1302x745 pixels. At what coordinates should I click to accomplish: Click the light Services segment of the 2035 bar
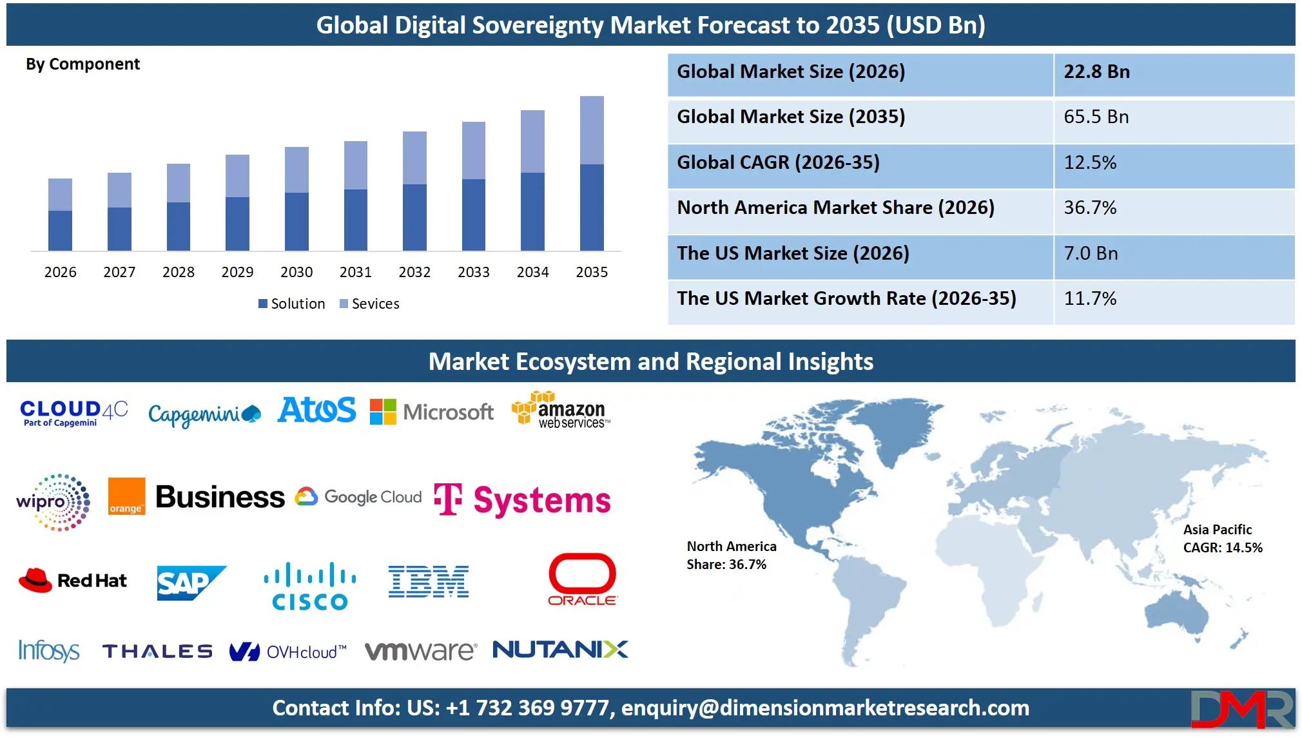pyautogui.click(x=592, y=130)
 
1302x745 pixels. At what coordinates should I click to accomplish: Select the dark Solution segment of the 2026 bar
pyautogui.click(x=60, y=230)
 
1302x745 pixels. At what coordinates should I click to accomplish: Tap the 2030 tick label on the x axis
pyautogui.click(x=296, y=272)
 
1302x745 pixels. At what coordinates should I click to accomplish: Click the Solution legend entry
pyautogui.click(x=291, y=304)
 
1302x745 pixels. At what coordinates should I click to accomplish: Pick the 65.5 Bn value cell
pyautogui.click(x=1096, y=117)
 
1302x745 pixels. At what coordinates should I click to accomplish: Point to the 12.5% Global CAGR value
pyautogui.click(x=1090, y=162)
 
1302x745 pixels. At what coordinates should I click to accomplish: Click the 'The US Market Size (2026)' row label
pyautogui.click(x=793, y=253)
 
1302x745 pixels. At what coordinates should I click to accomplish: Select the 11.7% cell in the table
pyautogui.click(x=1090, y=298)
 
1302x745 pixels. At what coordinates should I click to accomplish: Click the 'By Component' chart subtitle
pyautogui.click(x=83, y=64)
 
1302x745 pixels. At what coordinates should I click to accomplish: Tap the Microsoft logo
pyautogui.click(x=432, y=412)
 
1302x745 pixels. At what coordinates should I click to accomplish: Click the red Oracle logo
pyautogui.click(x=582, y=579)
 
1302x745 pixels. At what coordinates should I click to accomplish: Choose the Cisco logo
pyautogui.click(x=310, y=586)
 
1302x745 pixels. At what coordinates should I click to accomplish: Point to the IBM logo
pyautogui.click(x=429, y=581)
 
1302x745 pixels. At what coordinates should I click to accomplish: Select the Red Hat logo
pyautogui.click(x=73, y=580)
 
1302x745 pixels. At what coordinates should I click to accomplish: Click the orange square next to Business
pyautogui.click(x=126, y=496)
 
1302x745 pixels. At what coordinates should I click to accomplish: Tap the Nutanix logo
pyautogui.click(x=560, y=649)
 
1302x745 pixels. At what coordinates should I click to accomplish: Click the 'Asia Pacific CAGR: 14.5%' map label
pyautogui.click(x=1222, y=539)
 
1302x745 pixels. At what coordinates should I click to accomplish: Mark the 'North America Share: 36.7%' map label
pyautogui.click(x=731, y=556)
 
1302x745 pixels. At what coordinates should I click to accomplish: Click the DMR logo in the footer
pyautogui.click(x=1241, y=709)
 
